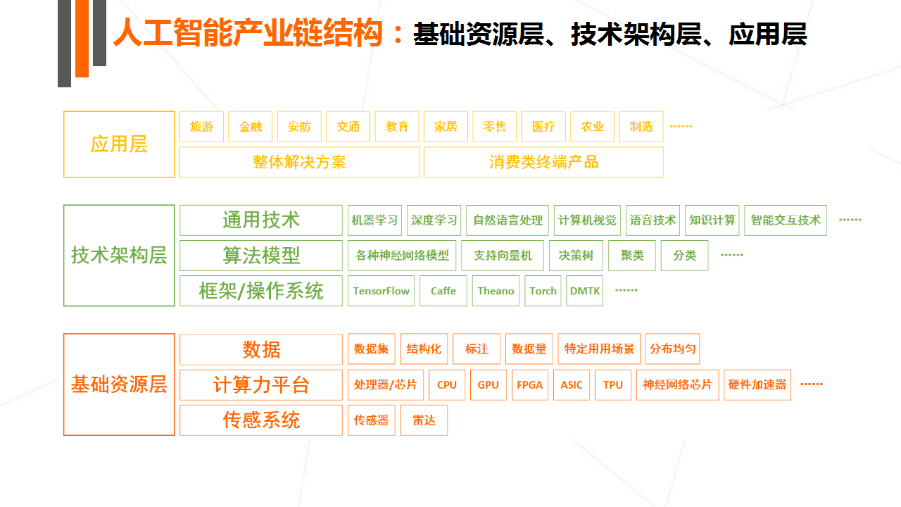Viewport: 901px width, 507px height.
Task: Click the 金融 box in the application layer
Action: pos(250,127)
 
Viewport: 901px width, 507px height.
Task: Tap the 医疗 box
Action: pos(543,127)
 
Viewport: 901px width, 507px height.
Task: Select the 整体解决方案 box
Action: pos(299,162)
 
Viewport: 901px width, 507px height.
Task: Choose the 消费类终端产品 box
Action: pos(543,162)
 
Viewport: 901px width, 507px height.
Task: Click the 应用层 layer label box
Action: pos(119,144)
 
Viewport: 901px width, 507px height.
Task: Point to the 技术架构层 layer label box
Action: pos(119,256)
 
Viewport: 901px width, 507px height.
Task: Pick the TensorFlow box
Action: pos(381,291)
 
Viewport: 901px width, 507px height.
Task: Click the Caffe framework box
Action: pos(443,291)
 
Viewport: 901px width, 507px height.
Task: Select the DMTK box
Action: pos(584,291)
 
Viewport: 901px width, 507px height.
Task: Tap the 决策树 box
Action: pos(576,256)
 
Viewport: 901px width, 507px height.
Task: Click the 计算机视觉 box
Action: pos(587,220)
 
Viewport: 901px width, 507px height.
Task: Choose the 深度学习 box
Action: pos(434,220)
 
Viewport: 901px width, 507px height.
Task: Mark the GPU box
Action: pos(489,384)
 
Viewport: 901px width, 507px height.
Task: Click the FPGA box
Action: pos(530,384)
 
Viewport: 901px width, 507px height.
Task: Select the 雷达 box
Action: pos(424,420)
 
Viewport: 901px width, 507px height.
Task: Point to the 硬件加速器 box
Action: pos(757,384)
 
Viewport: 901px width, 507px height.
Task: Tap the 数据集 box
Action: pos(371,349)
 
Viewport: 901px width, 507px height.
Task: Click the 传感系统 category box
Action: pos(261,420)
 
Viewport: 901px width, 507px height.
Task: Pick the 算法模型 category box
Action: pos(261,256)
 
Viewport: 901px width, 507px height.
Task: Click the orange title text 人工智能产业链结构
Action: pos(248,33)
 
